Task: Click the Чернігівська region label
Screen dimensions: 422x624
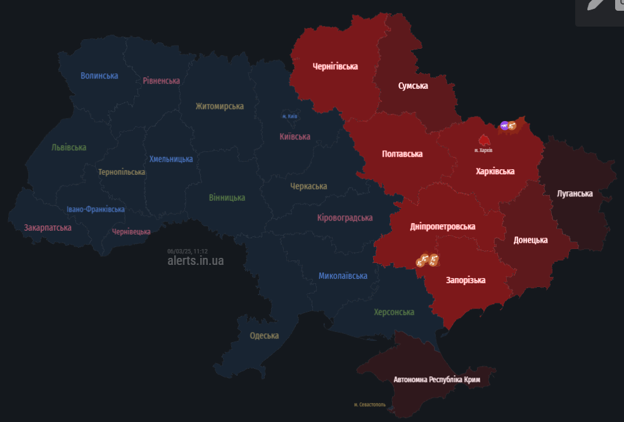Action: tap(335, 66)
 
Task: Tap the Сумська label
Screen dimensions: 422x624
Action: tap(413, 86)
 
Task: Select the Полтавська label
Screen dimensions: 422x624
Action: tap(402, 153)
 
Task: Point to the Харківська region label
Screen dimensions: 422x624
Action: tap(495, 171)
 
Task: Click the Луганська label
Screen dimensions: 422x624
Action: tap(575, 193)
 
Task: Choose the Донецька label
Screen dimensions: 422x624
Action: tap(530, 240)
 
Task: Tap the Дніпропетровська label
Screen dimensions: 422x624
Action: tap(442, 226)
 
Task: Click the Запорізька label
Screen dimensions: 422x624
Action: tap(466, 279)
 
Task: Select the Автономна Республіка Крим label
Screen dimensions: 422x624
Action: tap(436, 380)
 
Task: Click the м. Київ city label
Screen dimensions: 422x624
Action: tap(290, 117)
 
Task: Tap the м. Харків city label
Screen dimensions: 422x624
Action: tap(483, 150)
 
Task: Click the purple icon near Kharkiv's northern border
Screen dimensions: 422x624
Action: tap(504, 125)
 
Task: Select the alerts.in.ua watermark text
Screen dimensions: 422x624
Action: tap(195, 260)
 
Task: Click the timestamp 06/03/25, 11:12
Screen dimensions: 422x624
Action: tap(188, 251)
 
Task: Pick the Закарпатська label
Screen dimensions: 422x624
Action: tap(48, 227)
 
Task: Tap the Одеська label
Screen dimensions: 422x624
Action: tap(264, 335)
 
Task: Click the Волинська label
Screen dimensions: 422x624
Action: tap(99, 75)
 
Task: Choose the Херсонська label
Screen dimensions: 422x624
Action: tap(394, 312)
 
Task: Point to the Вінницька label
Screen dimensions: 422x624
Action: tap(227, 197)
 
